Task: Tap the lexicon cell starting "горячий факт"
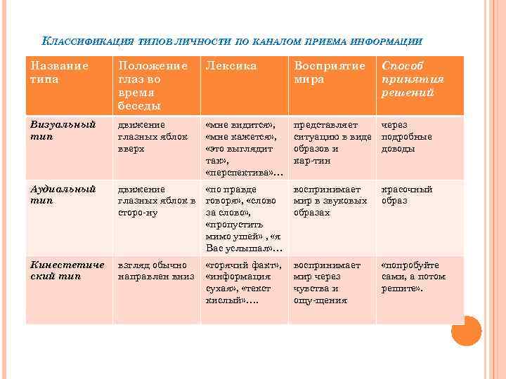[243, 283]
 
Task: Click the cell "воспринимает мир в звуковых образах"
[330, 201]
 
